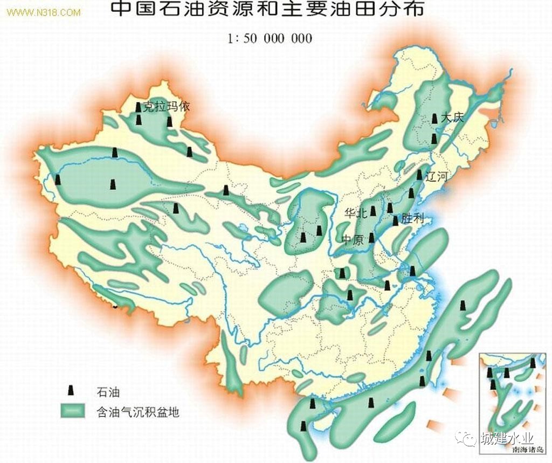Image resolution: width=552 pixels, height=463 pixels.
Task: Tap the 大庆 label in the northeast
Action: (x=452, y=118)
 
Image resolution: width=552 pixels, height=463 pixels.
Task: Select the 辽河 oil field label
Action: (x=437, y=176)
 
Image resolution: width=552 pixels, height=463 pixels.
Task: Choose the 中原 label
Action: (x=353, y=239)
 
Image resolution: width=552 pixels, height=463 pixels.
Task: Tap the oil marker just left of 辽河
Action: (x=419, y=175)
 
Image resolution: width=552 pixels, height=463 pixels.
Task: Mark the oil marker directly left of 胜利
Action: (x=395, y=220)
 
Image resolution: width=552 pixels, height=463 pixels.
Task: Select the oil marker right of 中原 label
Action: (x=371, y=238)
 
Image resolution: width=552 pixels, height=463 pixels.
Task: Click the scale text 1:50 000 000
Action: (x=270, y=39)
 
